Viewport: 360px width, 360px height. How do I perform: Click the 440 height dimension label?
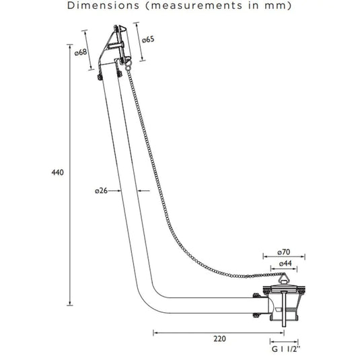click(x=58, y=172)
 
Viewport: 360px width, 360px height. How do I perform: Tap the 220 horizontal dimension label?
click(x=220, y=338)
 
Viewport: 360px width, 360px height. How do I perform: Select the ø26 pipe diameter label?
click(x=101, y=190)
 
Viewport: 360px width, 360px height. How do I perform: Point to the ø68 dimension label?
click(x=81, y=52)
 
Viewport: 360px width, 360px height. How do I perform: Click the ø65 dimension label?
click(x=148, y=40)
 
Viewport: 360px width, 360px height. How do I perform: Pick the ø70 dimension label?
click(x=284, y=252)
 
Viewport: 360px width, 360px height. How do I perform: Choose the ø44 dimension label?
click(x=285, y=263)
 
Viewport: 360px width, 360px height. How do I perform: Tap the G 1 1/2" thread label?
click(x=286, y=349)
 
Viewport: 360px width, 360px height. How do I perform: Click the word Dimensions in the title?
click(x=104, y=5)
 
